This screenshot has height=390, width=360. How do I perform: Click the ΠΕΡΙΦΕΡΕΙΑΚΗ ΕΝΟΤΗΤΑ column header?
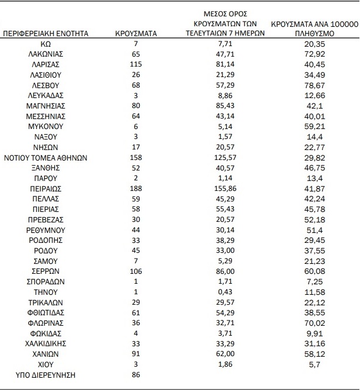click(46, 33)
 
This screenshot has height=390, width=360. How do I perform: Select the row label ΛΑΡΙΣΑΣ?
click(46, 64)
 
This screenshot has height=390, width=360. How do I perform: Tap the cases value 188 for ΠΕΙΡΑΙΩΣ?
click(136, 189)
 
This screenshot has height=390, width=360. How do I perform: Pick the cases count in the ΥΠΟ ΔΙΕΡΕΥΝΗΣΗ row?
click(136, 375)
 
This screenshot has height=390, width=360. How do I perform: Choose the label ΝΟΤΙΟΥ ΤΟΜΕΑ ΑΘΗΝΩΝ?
click(46, 158)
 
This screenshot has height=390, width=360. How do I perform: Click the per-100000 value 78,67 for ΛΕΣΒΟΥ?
click(314, 85)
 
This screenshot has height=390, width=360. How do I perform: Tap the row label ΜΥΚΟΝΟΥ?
click(46, 126)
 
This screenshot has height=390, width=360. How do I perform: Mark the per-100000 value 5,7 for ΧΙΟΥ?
click(314, 364)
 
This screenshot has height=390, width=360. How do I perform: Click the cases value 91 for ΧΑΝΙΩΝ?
click(136, 354)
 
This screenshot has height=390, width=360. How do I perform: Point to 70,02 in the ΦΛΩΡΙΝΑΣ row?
click(314, 323)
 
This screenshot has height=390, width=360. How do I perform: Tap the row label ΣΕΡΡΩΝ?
click(46, 271)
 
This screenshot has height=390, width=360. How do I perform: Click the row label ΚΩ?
click(46, 44)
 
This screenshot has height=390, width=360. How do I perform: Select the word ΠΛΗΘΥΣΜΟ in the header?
click(314, 33)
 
